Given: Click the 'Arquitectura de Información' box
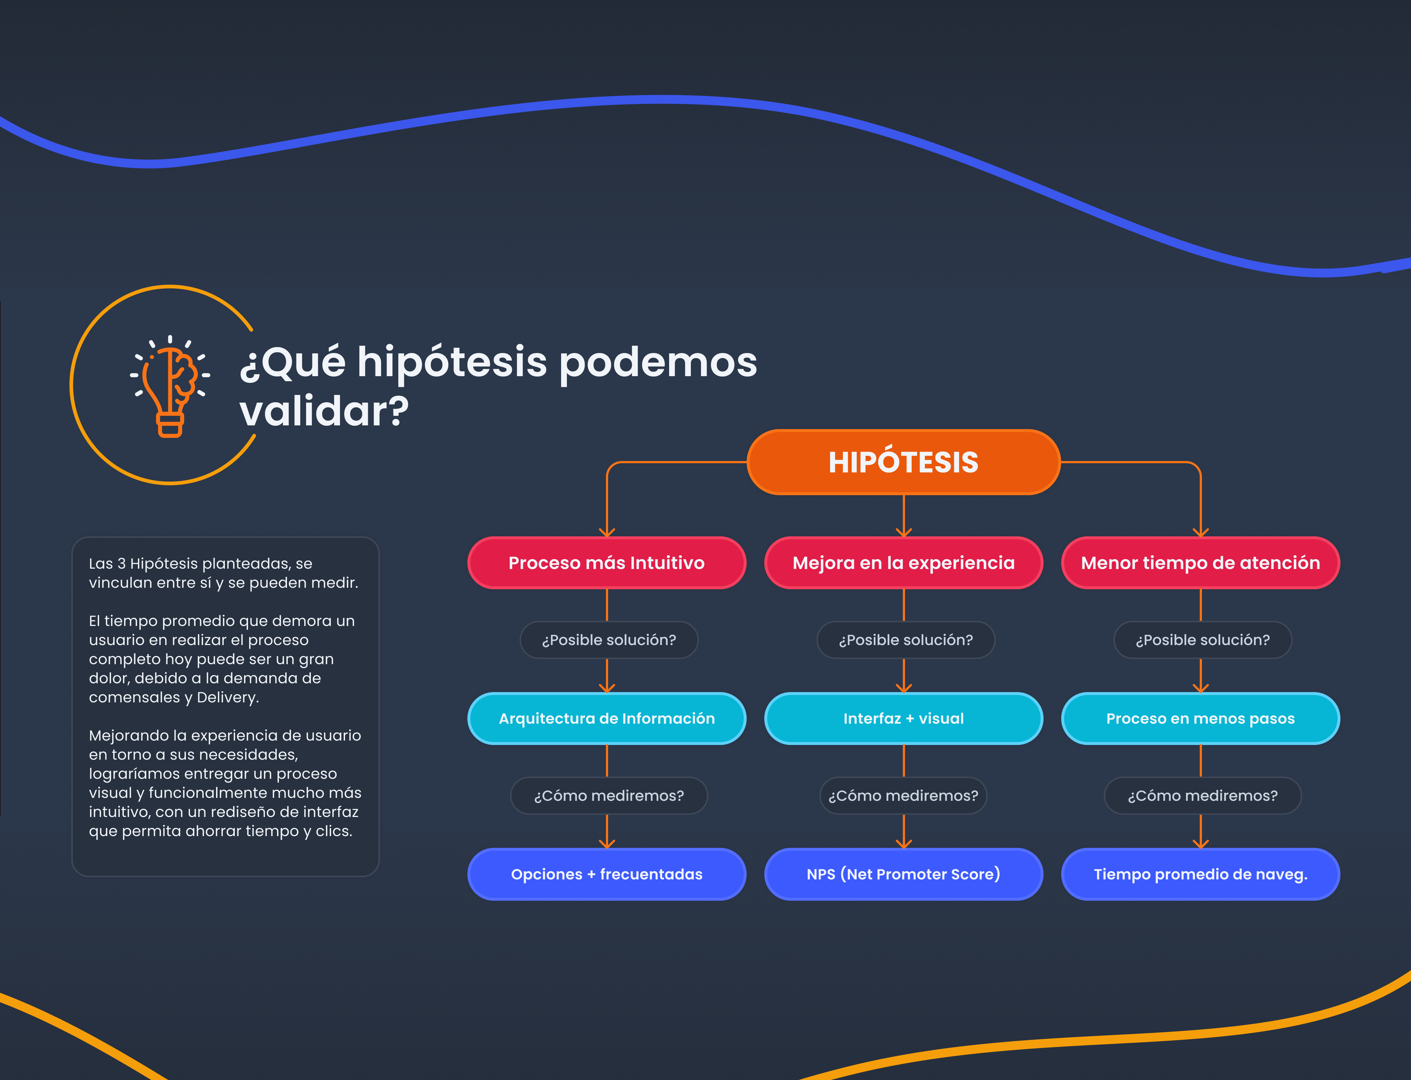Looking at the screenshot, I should pyautogui.click(x=606, y=719).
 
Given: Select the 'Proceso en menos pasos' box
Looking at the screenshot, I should pyautogui.click(x=1200, y=719).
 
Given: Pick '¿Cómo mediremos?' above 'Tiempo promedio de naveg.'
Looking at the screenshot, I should pyautogui.click(x=1202, y=796).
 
